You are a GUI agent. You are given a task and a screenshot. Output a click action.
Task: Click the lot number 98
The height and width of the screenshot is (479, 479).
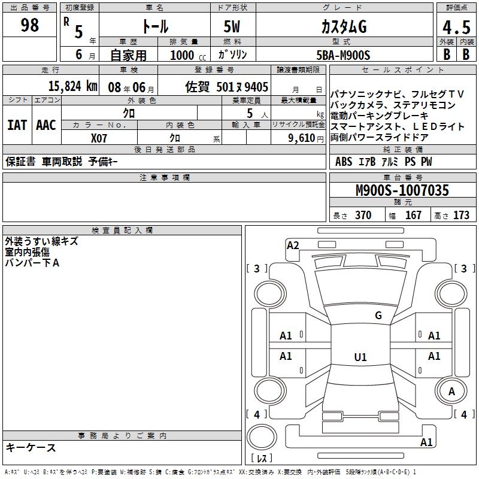(x=29, y=25)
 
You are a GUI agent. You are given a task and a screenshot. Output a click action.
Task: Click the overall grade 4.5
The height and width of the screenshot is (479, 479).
(x=456, y=27)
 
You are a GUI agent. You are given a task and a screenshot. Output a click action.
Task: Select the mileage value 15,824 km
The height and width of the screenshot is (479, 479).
(x=72, y=86)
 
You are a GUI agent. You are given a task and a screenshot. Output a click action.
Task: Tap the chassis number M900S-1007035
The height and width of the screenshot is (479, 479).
(x=402, y=190)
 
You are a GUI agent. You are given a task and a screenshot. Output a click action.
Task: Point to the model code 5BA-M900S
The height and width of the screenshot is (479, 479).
(x=343, y=55)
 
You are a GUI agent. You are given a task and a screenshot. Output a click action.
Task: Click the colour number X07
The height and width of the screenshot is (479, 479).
(x=99, y=138)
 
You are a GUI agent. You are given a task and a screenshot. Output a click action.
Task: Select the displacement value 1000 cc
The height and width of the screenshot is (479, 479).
(x=188, y=55)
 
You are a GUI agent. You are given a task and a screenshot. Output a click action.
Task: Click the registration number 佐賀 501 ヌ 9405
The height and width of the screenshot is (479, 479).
(x=227, y=87)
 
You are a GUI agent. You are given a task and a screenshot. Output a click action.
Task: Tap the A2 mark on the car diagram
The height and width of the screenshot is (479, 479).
(x=293, y=245)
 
